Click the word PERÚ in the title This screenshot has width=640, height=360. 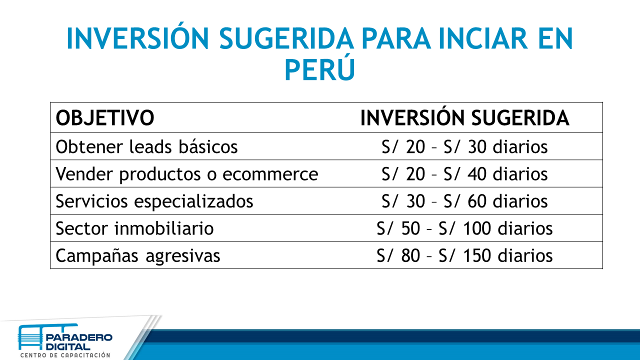[319, 69]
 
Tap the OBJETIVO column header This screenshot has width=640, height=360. [104, 118]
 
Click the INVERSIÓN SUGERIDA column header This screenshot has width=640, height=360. [464, 118]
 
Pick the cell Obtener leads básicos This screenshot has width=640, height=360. [146, 146]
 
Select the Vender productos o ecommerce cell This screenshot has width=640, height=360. [186, 173]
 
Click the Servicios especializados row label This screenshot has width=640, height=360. [154, 200]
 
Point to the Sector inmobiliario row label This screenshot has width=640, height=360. [134, 228]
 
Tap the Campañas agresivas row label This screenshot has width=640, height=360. [138, 255]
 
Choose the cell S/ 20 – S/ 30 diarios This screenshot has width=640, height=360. [464, 146]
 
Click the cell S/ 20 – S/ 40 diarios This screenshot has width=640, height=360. [464, 173]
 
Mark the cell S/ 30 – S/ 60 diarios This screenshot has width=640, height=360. [464, 200]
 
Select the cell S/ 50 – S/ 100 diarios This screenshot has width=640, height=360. [464, 228]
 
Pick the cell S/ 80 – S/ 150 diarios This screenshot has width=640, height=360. [464, 255]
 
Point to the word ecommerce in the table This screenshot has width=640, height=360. [270, 174]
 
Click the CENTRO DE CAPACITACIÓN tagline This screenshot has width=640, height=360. [65, 355]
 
